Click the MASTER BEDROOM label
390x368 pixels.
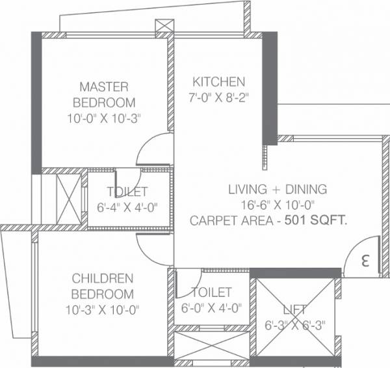[x=104, y=94]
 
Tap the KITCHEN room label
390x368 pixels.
[x=218, y=82]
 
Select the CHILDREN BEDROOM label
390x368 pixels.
[x=103, y=286]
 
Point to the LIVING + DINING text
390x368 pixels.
[x=277, y=190]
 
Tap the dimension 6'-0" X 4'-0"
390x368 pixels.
[x=212, y=309]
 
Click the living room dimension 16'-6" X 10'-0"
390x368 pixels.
[x=277, y=206]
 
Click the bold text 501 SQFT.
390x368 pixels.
[x=320, y=221]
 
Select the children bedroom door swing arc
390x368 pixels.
[x=151, y=246]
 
